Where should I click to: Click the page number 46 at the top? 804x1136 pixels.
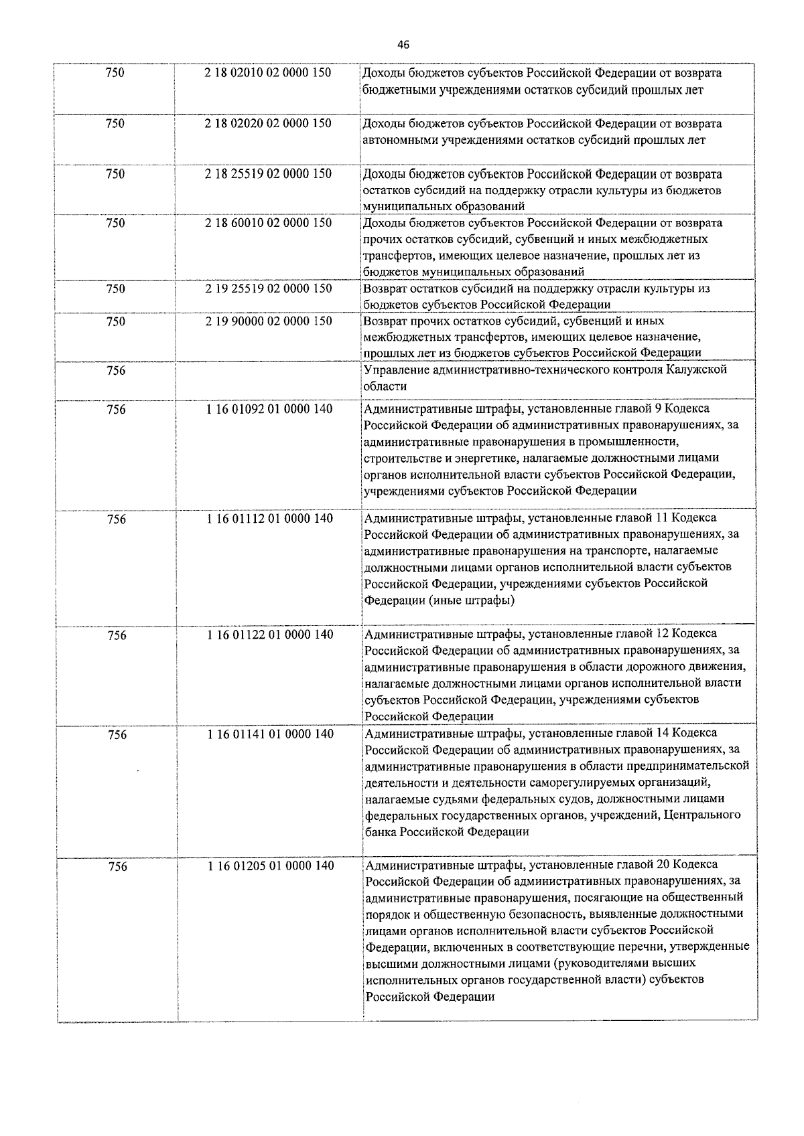click(x=403, y=45)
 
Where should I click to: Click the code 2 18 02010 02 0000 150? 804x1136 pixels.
click(x=268, y=73)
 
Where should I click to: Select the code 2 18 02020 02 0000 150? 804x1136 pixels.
click(x=268, y=123)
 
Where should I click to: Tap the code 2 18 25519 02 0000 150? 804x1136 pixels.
click(x=268, y=174)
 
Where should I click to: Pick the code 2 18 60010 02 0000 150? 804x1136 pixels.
click(x=268, y=223)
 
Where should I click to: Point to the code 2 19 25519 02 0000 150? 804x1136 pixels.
click(x=268, y=289)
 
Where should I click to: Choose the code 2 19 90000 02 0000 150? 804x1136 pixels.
click(x=268, y=321)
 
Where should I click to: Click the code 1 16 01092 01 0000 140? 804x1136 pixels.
click(x=269, y=408)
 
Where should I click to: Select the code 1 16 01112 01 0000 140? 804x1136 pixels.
click(x=269, y=518)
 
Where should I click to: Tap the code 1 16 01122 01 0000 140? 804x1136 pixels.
click(x=270, y=634)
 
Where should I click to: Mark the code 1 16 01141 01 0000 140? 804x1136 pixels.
click(x=270, y=734)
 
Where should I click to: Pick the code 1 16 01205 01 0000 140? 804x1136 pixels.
click(x=271, y=866)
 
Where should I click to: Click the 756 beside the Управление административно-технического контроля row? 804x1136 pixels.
click(x=116, y=371)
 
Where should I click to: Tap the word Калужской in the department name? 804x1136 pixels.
click(x=697, y=370)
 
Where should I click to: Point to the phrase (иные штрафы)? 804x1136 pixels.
click(x=472, y=600)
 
